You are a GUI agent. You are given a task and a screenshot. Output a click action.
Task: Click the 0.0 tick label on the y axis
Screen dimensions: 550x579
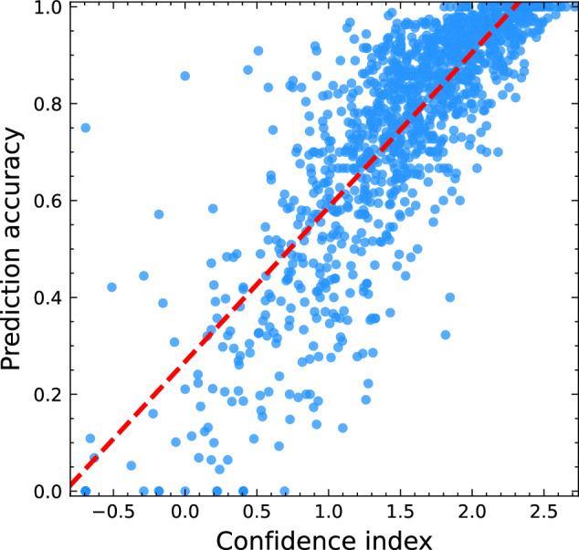point(49,492)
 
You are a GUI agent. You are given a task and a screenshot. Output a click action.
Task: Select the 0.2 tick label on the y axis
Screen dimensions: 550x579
point(49,395)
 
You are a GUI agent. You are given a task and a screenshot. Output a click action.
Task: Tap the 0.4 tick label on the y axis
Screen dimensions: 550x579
point(49,297)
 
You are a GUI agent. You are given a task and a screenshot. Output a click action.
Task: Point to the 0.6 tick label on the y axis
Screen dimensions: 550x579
point(49,201)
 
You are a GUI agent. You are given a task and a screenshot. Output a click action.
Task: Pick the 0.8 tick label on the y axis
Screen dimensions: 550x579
point(49,104)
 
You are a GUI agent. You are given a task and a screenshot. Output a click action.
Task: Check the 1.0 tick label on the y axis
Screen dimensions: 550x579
point(49,8)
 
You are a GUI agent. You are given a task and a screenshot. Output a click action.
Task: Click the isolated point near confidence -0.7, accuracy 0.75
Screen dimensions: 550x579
point(86,128)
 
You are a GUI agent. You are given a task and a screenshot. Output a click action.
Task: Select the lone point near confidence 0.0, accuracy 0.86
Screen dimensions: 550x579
point(185,76)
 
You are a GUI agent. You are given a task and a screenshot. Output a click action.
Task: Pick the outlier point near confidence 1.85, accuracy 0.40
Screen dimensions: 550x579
point(449,297)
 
